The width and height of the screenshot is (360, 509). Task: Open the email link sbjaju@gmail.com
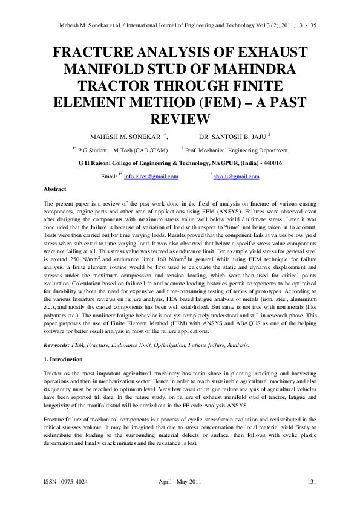(x=237, y=177)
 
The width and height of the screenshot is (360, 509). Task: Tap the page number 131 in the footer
(x=312, y=481)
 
